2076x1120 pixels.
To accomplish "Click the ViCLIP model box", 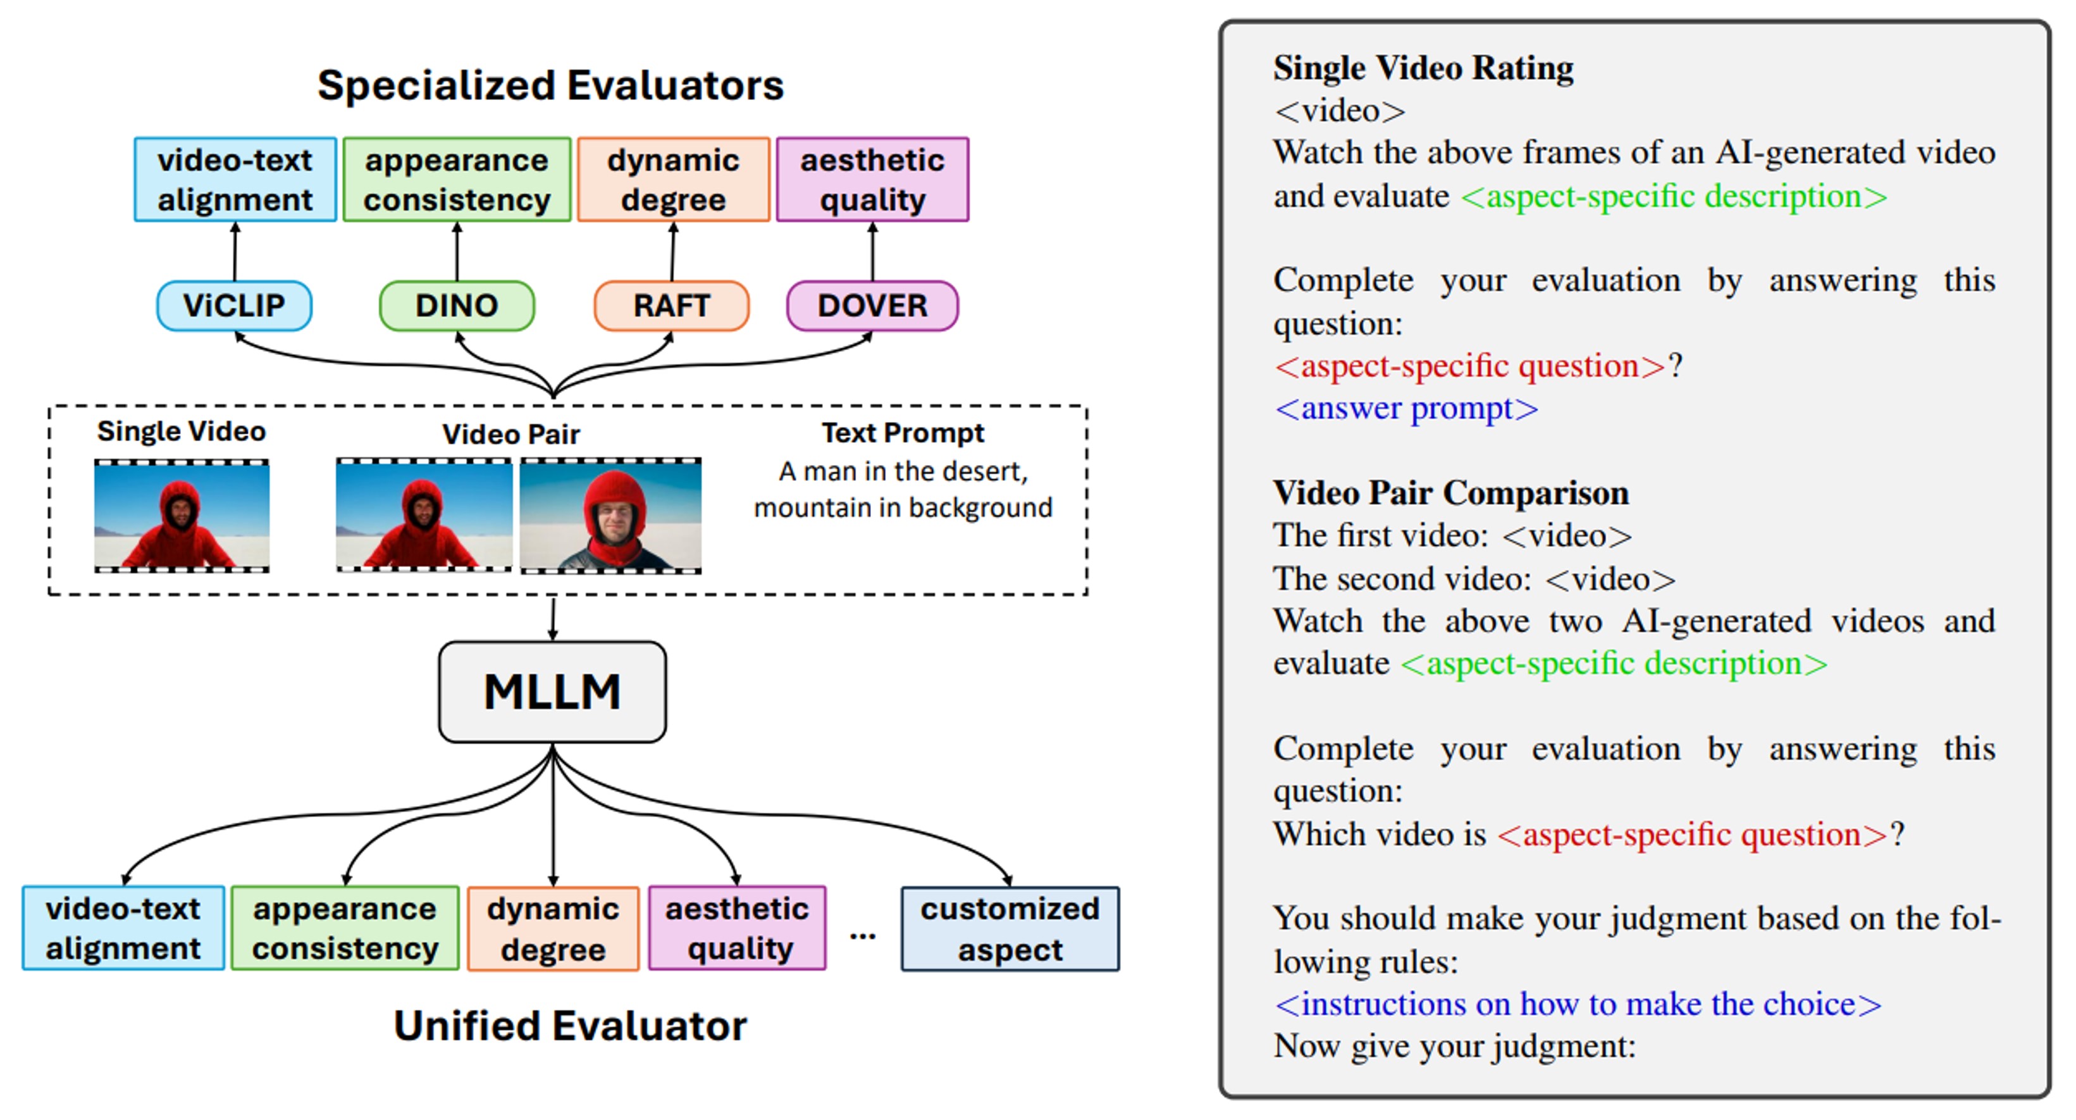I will pos(233,306).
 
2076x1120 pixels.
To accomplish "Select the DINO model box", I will pos(456,306).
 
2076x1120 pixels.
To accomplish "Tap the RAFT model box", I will pos(671,306).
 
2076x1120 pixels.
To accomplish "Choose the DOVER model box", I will pos(872,306).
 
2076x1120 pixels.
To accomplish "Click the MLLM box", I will pos(552,692).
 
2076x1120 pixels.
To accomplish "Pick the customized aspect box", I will pos(1010,929).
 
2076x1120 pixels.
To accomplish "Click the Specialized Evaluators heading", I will pos(550,85).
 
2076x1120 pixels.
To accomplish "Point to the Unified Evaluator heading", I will pos(570,1026).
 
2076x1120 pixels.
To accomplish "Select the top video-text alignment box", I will pos(235,179).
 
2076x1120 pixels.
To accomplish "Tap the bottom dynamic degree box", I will pos(553,929).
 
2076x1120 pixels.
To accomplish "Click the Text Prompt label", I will pos(903,433).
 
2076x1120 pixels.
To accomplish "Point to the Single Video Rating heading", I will pos(1423,68).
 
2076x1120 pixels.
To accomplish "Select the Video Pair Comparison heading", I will pos(1450,493).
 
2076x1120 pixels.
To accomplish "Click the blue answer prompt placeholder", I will pos(1406,408).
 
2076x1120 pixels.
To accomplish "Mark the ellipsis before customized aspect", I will pos(862,935).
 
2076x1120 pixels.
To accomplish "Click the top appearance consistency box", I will pos(457,179).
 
